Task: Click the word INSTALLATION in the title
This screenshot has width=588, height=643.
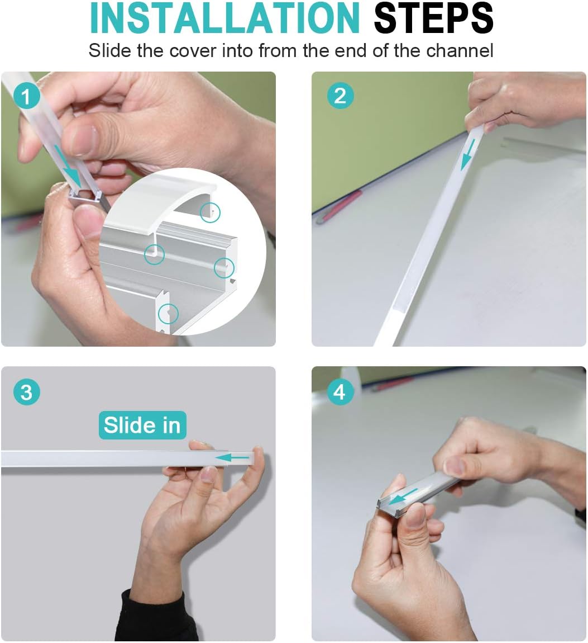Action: click(x=224, y=18)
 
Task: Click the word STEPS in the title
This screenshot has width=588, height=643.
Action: click(x=434, y=18)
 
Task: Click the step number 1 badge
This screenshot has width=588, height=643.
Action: click(x=27, y=96)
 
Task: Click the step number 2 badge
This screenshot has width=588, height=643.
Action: click(x=340, y=96)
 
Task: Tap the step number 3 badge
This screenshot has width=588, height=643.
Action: click(x=27, y=392)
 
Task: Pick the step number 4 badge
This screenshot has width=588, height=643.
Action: click(x=340, y=392)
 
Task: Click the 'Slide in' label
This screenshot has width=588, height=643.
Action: click(x=142, y=425)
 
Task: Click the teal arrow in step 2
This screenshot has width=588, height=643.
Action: click(x=468, y=154)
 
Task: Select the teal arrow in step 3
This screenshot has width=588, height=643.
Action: click(x=232, y=457)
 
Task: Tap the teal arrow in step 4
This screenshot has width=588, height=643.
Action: click(x=404, y=496)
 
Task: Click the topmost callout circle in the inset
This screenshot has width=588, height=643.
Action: click(x=210, y=212)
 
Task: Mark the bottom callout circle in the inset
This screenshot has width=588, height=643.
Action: click(x=168, y=314)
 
